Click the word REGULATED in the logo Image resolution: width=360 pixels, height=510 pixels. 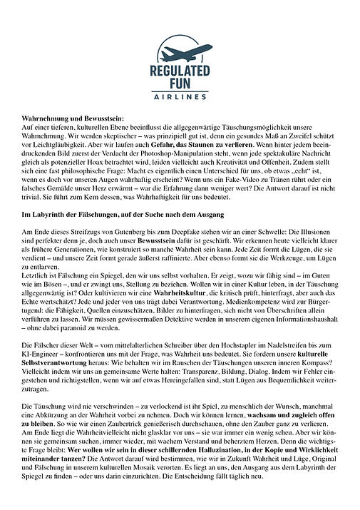180,72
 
